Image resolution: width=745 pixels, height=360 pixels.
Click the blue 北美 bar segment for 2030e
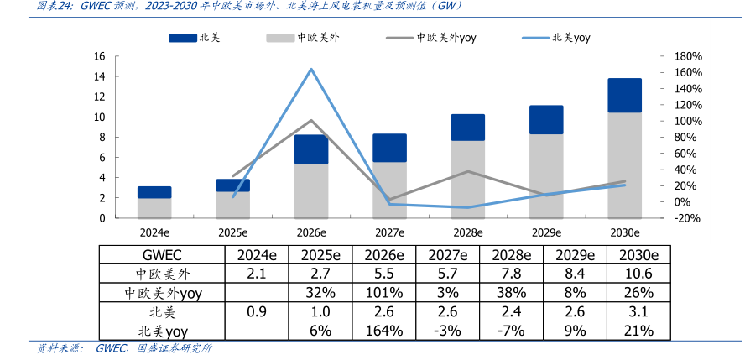tap(624, 96)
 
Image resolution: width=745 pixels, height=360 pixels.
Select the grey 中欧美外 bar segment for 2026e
tap(311, 191)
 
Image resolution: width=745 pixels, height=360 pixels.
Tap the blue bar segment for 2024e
tap(154, 192)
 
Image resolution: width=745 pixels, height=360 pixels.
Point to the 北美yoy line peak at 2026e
tap(311, 69)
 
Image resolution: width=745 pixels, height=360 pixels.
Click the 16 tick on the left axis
tap(99, 56)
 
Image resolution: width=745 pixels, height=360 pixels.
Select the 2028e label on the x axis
tap(467, 232)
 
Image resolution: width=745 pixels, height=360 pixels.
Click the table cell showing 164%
tap(384, 331)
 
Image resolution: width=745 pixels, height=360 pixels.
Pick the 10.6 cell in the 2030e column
tap(638, 274)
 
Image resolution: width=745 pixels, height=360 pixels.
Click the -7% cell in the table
tap(511, 331)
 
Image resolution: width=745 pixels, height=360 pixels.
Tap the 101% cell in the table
tap(384, 293)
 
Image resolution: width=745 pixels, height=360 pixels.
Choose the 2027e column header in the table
tap(448, 255)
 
